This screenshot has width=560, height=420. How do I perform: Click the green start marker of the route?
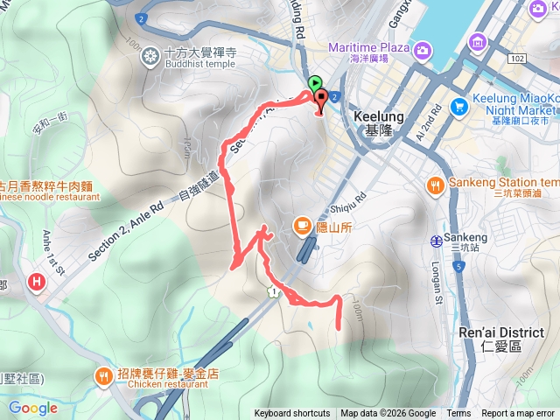[x=315, y=84]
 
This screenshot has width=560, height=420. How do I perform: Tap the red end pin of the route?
[x=319, y=100]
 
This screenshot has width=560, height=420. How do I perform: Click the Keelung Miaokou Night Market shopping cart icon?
[x=458, y=106]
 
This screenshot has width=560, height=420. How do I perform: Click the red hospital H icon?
[x=37, y=282]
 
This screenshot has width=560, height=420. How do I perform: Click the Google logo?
[x=33, y=408]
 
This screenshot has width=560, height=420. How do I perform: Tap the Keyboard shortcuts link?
[x=292, y=414]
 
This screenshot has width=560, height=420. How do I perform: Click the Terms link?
[x=458, y=414]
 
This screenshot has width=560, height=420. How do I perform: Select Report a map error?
[x=518, y=414]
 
